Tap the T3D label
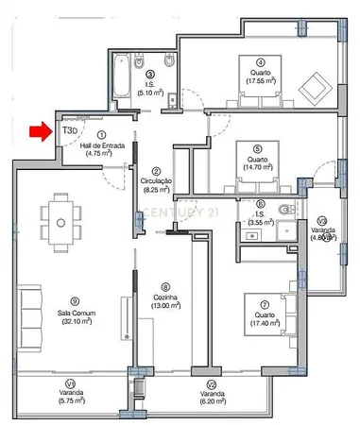point(70,130)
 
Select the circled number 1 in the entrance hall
point(100,136)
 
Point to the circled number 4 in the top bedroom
point(260,59)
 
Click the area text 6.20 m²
point(211,401)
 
